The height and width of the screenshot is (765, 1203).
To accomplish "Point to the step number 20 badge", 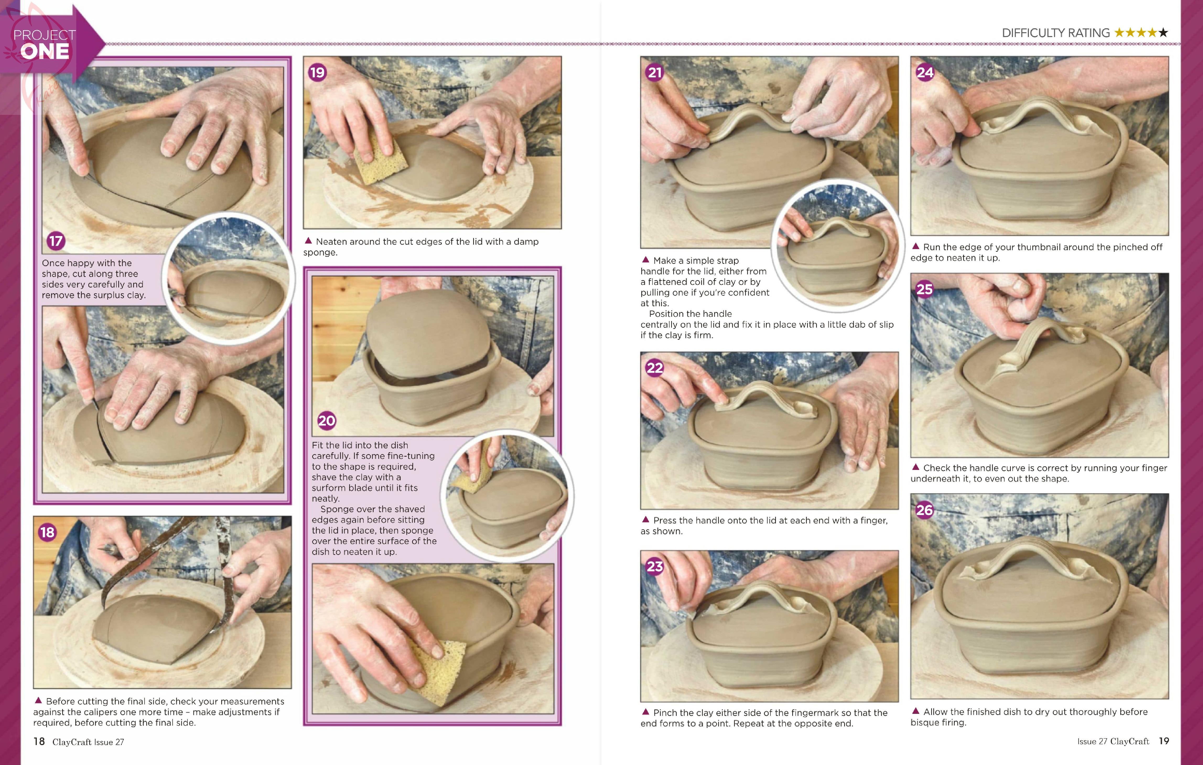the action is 326,421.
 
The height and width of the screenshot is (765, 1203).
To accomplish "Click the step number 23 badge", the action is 655,567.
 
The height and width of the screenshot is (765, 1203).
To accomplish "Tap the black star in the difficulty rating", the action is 1163,33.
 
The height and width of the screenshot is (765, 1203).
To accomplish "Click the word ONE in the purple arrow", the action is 45,51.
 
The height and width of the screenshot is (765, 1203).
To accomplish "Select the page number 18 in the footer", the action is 39,741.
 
